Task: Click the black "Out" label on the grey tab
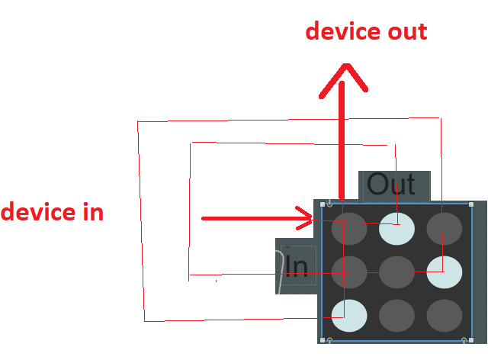click(x=391, y=185)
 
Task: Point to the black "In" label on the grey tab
click(x=296, y=265)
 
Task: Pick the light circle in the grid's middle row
click(x=444, y=271)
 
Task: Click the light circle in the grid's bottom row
click(x=349, y=314)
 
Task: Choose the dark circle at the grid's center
click(x=396, y=271)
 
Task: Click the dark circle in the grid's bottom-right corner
click(x=444, y=314)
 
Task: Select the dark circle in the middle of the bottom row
click(x=396, y=314)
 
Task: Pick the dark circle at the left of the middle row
click(x=349, y=271)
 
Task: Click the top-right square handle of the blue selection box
click(x=471, y=204)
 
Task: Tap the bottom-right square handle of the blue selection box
click(x=471, y=340)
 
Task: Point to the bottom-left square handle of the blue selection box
click(x=323, y=340)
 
